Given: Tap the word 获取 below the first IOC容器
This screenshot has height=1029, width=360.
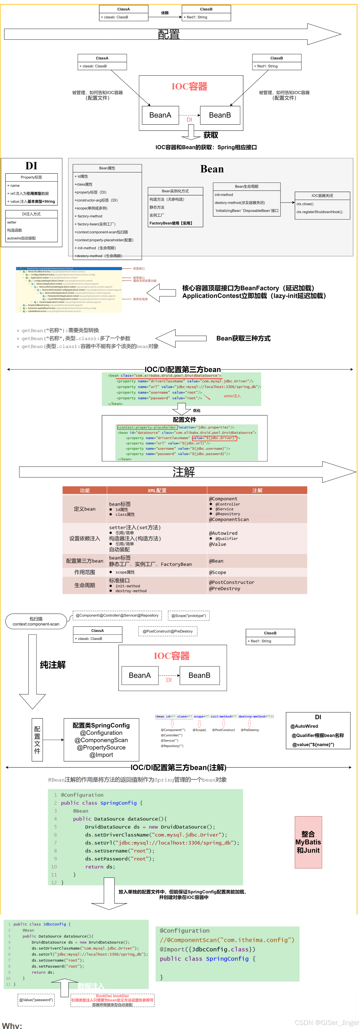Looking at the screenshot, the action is pyautogui.click(x=211, y=135).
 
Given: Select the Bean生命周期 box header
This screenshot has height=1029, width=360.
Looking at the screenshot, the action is pyautogui.click(x=247, y=187).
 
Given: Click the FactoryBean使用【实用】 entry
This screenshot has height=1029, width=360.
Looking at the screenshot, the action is pyautogui.click(x=171, y=223).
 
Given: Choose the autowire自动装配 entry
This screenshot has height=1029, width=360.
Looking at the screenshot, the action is pyautogui.click(x=22, y=238).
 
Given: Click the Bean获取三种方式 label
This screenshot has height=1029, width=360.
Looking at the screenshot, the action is pyautogui.click(x=243, y=338).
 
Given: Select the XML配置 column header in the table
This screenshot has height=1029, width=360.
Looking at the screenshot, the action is pyautogui.click(x=157, y=491).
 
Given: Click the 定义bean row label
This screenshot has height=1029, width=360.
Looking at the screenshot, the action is pyautogui.click(x=85, y=509).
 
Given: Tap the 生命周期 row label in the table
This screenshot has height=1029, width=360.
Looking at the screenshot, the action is pyautogui.click(x=85, y=585).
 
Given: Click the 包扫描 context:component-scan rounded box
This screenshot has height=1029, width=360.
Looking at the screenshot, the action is pyautogui.click(x=36, y=621).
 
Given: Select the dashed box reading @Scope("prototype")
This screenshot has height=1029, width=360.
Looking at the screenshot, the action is pyautogui.click(x=189, y=616).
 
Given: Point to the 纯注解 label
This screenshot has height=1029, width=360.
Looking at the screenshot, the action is pyautogui.click(x=53, y=665).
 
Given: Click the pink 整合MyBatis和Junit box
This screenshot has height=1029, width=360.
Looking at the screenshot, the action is pyautogui.click(x=308, y=842).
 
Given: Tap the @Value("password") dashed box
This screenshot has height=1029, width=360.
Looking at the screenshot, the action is pyautogui.click(x=36, y=1000).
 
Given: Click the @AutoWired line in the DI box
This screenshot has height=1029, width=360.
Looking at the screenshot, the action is pyautogui.click(x=304, y=726).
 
